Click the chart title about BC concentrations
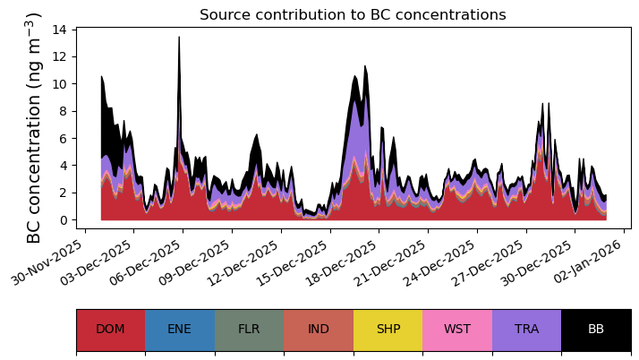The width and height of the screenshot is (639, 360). [x=353, y=15]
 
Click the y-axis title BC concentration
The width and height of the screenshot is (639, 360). [x=34, y=128]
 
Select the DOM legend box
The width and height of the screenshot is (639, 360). [x=110, y=330]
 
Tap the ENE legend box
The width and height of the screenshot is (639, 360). [x=179, y=330]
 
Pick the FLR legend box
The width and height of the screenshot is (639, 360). [x=249, y=330]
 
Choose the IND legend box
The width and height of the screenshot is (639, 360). [x=319, y=330]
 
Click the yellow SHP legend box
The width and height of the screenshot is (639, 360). [x=388, y=330]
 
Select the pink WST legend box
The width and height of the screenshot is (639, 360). [x=457, y=330]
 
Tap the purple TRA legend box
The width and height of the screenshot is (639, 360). [x=526, y=330]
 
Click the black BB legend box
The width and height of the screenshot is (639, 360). [x=596, y=330]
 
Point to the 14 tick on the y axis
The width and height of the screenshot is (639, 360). [x=61, y=30]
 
